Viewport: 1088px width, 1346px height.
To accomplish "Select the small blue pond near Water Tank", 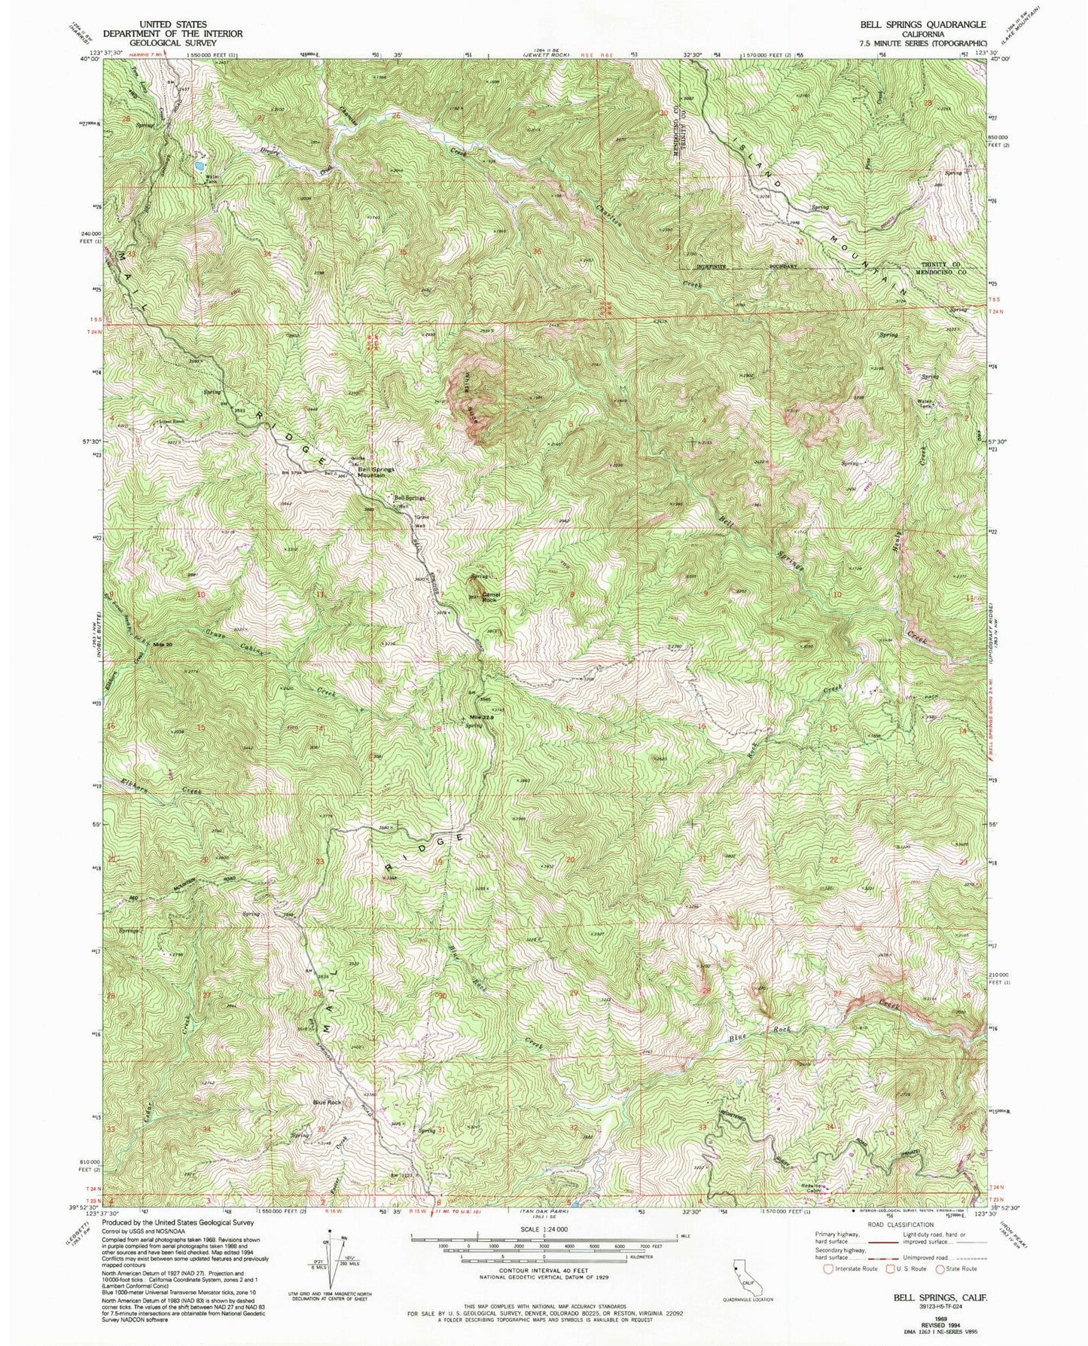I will coord(197,163).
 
